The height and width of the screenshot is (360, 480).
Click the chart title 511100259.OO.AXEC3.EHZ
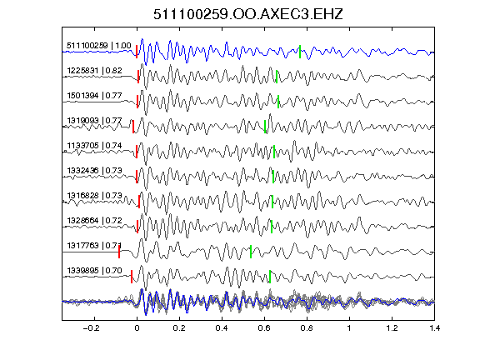tap(248, 14)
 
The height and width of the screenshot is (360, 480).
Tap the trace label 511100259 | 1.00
tap(99, 46)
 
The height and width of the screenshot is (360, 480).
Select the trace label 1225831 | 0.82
tap(95, 71)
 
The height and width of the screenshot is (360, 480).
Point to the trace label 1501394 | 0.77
tap(95, 96)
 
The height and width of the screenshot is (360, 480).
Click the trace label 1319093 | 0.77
tap(95, 121)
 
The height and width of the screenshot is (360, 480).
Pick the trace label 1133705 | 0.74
tap(95, 145)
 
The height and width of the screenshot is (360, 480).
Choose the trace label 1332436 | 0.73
tap(95, 171)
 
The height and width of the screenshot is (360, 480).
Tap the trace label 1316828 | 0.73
tap(95, 196)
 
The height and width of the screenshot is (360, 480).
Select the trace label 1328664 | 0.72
tap(95, 221)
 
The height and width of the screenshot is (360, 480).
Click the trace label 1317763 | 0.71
tap(95, 246)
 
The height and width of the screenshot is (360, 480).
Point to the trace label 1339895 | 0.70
tap(95, 271)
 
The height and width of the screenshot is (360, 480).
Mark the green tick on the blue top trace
tap(300, 52)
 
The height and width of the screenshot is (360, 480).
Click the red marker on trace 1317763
tap(119, 252)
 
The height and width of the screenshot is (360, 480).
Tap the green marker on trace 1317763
tap(251, 252)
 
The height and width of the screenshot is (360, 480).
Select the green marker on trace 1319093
tap(265, 127)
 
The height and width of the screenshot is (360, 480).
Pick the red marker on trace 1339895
tap(132, 277)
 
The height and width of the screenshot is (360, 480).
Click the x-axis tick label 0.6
tap(264, 328)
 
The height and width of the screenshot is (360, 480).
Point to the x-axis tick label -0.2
tap(91, 328)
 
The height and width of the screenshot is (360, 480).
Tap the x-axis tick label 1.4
tap(435, 328)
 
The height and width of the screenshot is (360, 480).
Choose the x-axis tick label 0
tap(137, 328)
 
